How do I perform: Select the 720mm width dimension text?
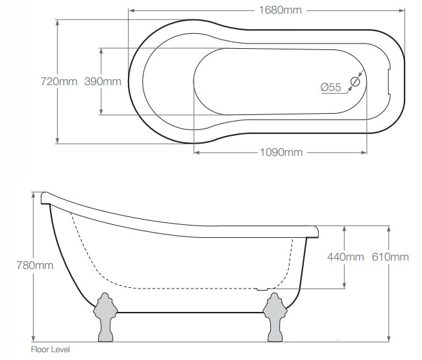pyautogui.click(x=58, y=81)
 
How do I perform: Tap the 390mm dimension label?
pyautogui.click(x=103, y=81)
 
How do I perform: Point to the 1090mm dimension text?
pyautogui.click(x=281, y=153)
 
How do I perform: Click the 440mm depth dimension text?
pyautogui.click(x=345, y=257)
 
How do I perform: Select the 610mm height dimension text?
pyautogui.click(x=390, y=257)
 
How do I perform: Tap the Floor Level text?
pyautogui.click(x=50, y=350)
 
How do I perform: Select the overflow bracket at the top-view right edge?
pyautogui.click(x=389, y=81)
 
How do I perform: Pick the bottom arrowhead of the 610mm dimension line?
pyautogui.click(x=390, y=337)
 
